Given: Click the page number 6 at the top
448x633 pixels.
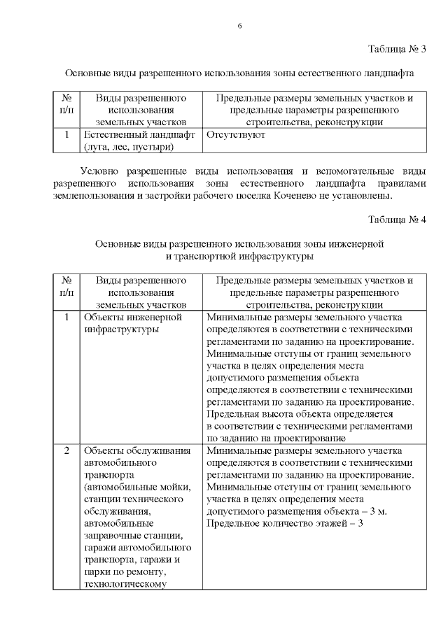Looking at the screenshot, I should [239, 26].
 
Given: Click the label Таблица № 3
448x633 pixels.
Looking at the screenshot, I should [397, 49].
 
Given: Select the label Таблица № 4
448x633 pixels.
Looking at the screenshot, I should [397, 220].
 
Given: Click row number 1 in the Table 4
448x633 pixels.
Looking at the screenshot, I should [66, 317].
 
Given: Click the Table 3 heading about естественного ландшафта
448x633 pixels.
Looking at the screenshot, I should [239, 73].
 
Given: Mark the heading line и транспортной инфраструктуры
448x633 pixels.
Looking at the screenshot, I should [239, 257].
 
